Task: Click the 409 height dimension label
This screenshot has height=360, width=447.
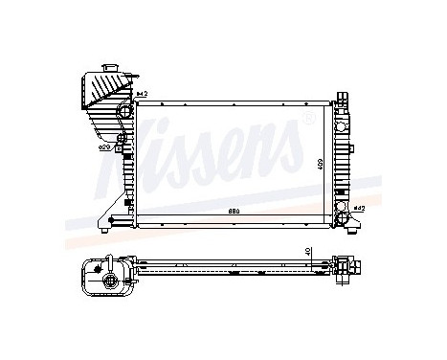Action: (x=321, y=164)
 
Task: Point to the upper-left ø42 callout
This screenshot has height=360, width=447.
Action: (x=141, y=93)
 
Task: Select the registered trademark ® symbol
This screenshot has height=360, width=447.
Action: (x=307, y=118)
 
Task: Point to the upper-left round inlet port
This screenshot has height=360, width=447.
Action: (x=123, y=113)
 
